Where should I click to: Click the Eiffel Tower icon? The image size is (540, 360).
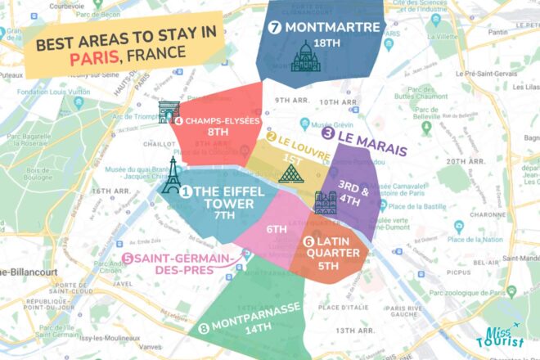click(170, 176)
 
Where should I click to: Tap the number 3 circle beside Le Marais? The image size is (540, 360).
click(327, 133)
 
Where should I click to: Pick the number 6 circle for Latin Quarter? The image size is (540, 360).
click(308, 242)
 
